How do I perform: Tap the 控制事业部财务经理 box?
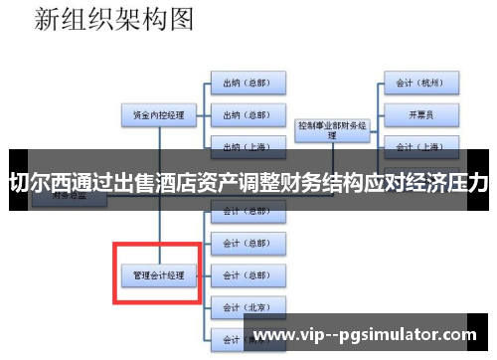332,129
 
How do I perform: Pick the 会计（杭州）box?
420,84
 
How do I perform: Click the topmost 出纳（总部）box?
248,84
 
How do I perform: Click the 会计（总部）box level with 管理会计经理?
248,273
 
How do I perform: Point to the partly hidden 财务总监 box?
55,197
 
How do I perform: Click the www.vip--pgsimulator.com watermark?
366,335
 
